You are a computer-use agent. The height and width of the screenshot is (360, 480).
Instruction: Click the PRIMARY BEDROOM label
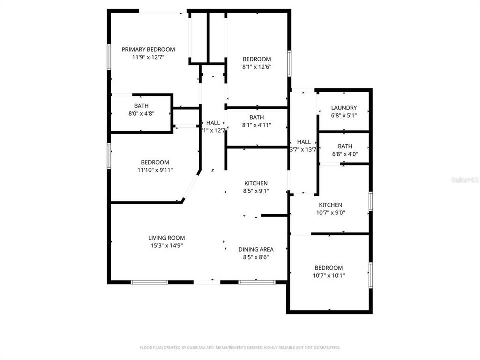point(148,49)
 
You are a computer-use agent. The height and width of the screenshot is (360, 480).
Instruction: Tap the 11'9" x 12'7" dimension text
point(148,57)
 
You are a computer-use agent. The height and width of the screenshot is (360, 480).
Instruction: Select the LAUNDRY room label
point(344,107)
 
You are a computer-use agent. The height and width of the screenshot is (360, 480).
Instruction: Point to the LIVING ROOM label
point(166,238)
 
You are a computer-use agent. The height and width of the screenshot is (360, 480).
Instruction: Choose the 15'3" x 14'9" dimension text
point(166,246)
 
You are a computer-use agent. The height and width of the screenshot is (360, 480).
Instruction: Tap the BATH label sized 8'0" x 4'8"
point(141,106)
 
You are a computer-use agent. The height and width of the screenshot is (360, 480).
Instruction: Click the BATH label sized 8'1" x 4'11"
point(257,117)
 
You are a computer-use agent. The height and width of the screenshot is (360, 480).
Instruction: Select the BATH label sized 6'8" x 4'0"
point(345,146)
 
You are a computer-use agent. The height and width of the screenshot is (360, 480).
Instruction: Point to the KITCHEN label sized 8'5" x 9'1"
point(256,183)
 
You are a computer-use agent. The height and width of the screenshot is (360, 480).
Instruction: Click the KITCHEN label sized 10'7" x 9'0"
point(331,205)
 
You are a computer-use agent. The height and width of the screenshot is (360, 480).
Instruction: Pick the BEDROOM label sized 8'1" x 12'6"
point(257,59)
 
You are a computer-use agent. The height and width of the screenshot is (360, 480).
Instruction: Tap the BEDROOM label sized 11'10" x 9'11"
point(155,162)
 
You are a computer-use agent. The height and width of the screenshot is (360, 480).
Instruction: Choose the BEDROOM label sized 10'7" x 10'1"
point(329,268)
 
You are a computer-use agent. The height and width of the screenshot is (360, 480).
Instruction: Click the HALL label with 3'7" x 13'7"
point(303,142)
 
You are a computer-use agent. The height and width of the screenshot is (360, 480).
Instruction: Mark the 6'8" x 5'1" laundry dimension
point(344,115)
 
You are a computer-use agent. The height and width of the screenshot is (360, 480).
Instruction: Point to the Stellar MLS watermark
point(464,179)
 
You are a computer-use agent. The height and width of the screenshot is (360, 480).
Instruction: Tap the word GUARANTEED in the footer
point(326,347)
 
